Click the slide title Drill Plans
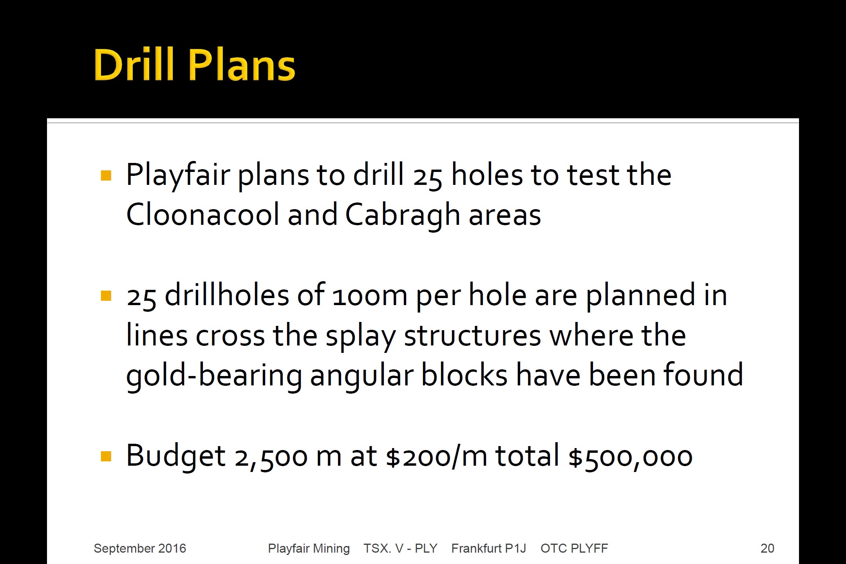(x=194, y=65)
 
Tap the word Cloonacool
(x=203, y=215)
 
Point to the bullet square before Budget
(x=106, y=456)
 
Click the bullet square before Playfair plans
(x=106, y=175)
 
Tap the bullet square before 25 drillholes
(x=106, y=295)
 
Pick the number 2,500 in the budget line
(x=271, y=458)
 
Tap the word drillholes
(x=227, y=295)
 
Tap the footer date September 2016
(x=140, y=548)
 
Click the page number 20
(x=767, y=548)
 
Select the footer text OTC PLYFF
(x=574, y=548)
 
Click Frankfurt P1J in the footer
(x=488, y=548)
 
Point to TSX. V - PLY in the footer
(x=400, y=548)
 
